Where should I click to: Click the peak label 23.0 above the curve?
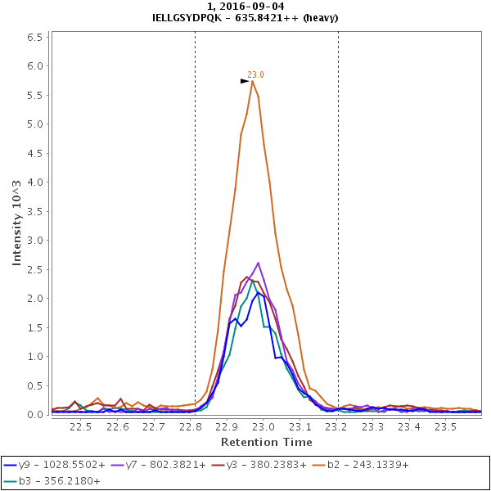(255, 74)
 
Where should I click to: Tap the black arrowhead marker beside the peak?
(245, 81)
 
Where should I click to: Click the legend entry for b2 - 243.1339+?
(367, 465)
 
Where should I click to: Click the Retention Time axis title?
(266, 442)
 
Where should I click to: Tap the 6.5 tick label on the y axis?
(34, 37)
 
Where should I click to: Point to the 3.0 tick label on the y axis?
(34, 240)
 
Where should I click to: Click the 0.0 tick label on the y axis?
(34, 415)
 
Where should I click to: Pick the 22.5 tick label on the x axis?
(81, 426)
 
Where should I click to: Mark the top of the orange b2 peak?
(253, 81)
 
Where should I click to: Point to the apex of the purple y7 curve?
(258, 263)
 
